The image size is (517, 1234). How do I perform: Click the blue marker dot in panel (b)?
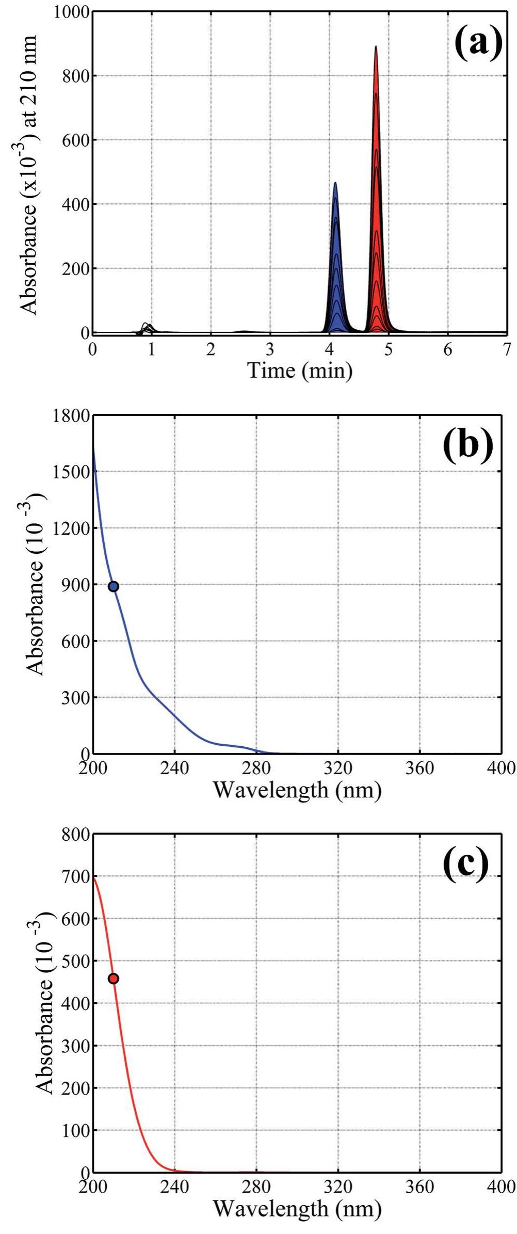[x=113, y=586]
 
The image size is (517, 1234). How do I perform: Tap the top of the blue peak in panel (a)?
[x=335, y=183]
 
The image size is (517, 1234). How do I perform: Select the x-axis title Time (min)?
[x=300, y=371]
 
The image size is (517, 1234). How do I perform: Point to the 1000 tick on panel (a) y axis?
[x=71, y=12]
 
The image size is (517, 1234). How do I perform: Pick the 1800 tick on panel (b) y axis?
[x=71, y=416]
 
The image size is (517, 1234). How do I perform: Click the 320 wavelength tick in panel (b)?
[x=338, y=768]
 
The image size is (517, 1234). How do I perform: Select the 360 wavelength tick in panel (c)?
[x=419, y=1187]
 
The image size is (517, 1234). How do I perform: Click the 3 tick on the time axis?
[x=270, y=350]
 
